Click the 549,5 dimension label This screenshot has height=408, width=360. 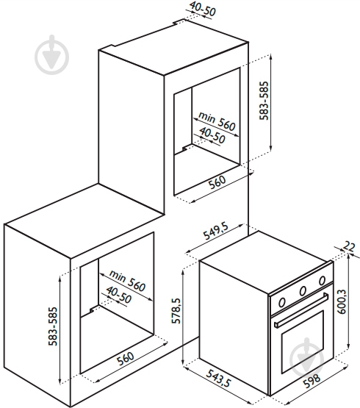pos(216,231)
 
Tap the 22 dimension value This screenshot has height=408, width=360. pos(349,246)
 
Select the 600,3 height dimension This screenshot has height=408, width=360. pos(342,301)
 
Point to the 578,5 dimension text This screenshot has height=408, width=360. pos(176,311)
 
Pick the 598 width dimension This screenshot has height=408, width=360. pos(312,381)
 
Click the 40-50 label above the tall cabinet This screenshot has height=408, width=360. pos(203,9)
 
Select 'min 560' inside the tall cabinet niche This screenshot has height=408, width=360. pos(217,121)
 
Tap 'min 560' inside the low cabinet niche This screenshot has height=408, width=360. pos(127,281)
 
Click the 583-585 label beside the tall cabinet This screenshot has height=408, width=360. pos(264,101)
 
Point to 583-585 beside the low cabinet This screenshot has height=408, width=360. pos(53,326)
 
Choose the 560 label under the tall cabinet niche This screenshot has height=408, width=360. pos(217,182)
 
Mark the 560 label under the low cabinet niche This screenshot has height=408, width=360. pos(125,359)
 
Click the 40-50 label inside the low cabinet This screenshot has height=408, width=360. pos(119,295)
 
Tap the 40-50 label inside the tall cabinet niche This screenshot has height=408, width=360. pos(212,135)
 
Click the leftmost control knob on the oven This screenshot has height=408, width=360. pos(281,302)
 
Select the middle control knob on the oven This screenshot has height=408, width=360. pos(303,291)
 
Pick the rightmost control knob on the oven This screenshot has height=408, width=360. pos(322,281)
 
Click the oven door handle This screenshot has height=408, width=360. pos(301,309)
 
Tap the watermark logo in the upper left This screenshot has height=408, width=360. pos(51,55)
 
